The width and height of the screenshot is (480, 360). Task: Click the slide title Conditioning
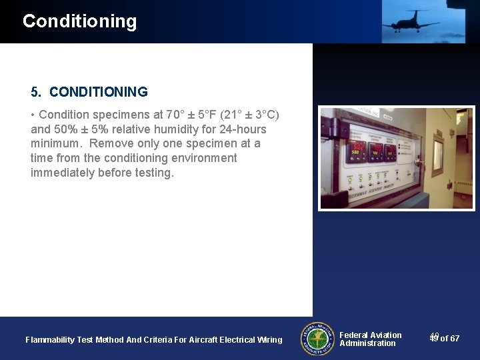point(79,21)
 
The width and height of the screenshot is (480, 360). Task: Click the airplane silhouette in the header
point(410,21)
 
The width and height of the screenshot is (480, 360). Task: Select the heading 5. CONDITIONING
point(89,92)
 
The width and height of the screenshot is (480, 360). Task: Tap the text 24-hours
point(243,129)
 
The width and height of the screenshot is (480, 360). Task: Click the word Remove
point(111,144)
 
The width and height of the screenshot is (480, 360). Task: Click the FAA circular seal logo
point(317,339)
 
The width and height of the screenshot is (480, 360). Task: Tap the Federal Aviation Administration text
point(370,339)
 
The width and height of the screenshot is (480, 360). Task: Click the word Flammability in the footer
point(50,340)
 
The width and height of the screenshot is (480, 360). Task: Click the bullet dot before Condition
point(33,115)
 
